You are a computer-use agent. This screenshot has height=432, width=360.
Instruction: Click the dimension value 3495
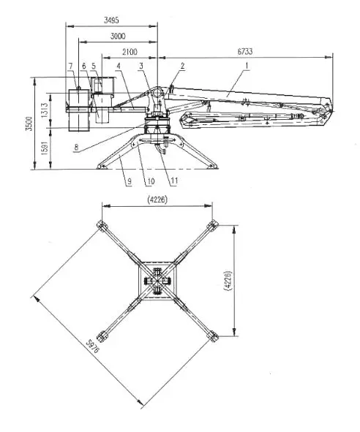point(111,20)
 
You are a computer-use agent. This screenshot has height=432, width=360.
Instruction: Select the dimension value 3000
point(118,36)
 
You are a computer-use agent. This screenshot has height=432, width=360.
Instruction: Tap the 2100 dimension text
point(130,52)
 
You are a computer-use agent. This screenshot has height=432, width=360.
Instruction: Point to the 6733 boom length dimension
point(245,51)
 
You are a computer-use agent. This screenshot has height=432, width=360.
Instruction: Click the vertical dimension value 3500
point(29,123)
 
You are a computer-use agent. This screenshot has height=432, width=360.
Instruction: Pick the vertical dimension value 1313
point(45,110)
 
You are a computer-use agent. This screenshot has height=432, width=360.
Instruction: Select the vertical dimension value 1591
point(45,147)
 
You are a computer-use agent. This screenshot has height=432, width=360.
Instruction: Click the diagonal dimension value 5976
point(92,346)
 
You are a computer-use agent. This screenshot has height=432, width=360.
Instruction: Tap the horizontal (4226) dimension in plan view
point(157,200)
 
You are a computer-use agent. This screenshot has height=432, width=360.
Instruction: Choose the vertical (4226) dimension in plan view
point(229,281)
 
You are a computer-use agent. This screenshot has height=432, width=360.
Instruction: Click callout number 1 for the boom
point(247,66)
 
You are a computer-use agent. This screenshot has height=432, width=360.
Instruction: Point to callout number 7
point(71,66)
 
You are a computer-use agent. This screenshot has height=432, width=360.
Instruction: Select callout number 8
point(76,148)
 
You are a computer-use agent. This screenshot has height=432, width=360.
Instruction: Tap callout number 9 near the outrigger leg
point(129,181)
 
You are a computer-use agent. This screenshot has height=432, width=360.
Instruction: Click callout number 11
point(174,181)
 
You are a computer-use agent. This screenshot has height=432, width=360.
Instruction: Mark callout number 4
point(119,66)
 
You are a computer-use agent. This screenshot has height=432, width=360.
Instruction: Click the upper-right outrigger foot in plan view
point(214,225)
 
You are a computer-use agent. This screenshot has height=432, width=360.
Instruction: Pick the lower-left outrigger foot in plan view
point(101,337)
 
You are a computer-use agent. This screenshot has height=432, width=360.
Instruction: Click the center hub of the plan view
point(157,281)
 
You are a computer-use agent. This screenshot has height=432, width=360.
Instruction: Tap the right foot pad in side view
point(213,167)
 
